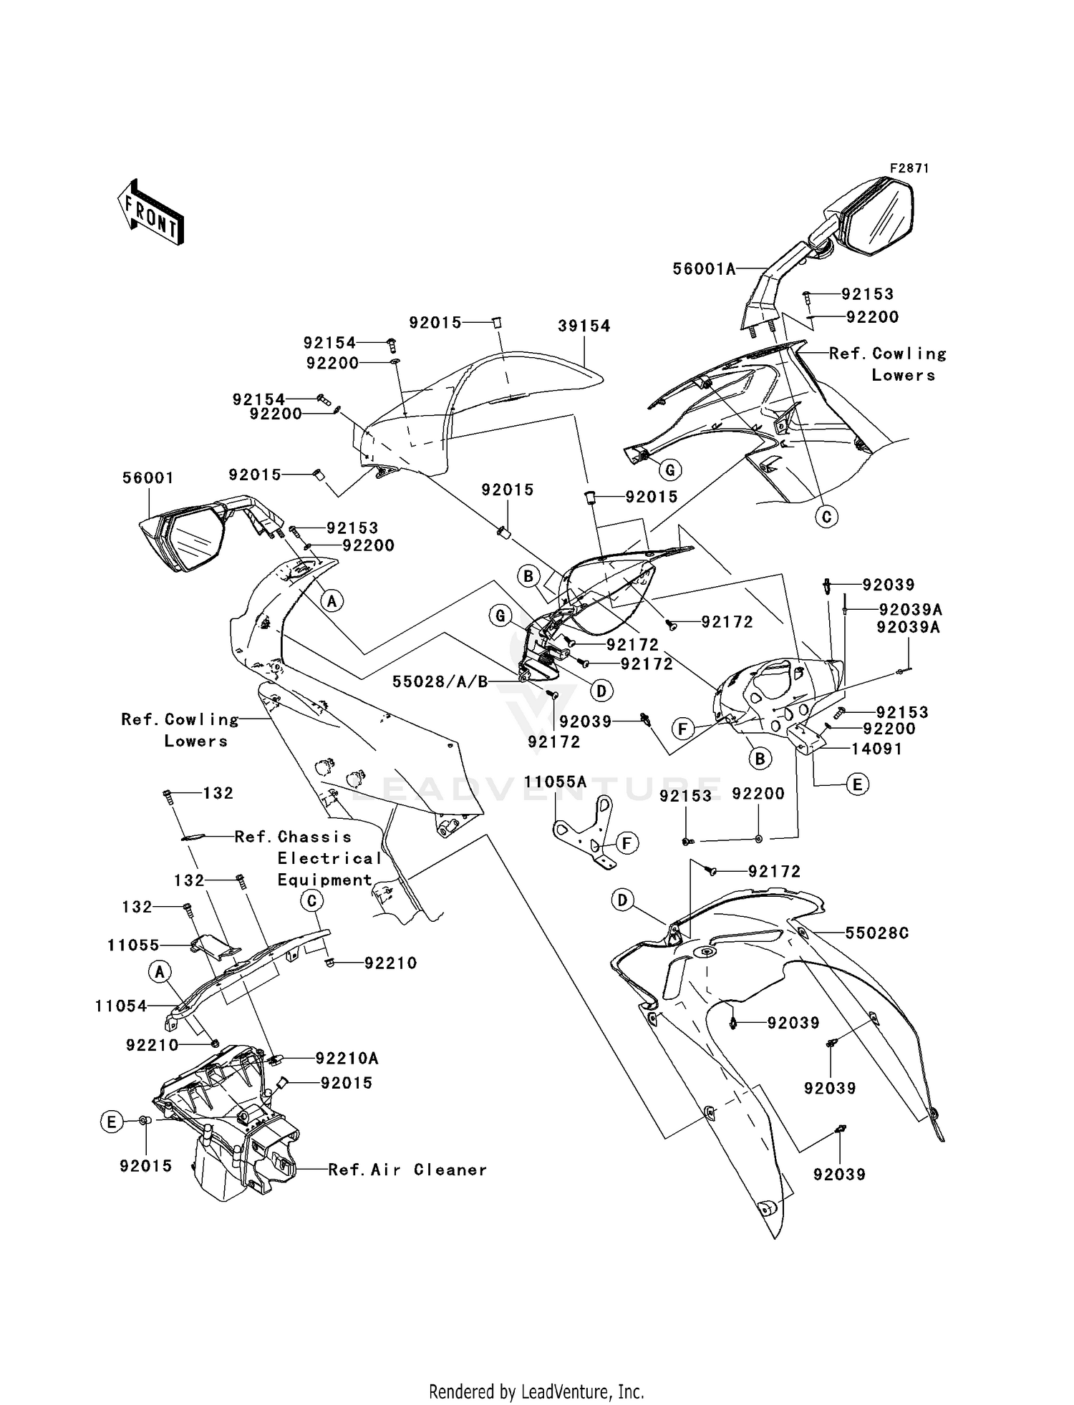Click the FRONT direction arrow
151,212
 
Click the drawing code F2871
909,168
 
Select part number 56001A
704,268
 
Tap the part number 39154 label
584,326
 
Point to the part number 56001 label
148,477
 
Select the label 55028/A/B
440,681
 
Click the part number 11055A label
555,782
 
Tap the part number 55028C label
876,933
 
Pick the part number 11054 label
120,1006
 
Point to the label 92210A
347,1058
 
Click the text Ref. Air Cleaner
407,1170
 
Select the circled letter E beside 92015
111,1122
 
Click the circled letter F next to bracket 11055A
626,843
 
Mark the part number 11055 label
133,945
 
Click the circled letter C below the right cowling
826,516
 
